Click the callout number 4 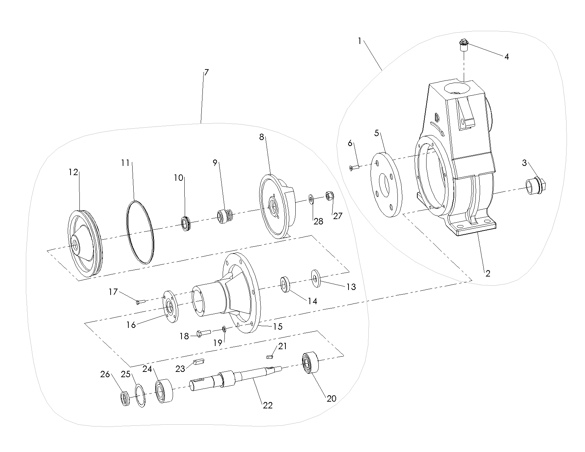tap(507, 57)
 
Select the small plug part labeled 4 tap(463, 45)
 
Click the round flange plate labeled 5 tap(386, 185)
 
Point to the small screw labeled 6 tap(354, 167)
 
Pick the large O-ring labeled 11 tap(140, 233)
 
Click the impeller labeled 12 tap(84, 244)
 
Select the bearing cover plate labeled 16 tap(170, 307)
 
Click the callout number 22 tap(268, 406)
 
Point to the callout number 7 tap(206, 73)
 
